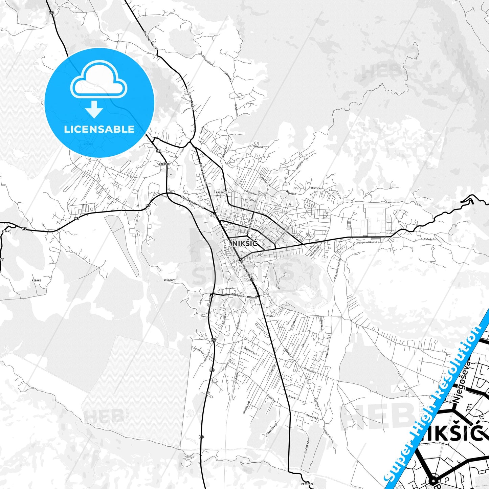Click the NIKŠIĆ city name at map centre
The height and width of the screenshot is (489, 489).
245,243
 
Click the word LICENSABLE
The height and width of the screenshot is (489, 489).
99,129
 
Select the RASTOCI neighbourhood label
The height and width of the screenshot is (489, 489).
221,192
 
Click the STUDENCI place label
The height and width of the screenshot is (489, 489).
170,280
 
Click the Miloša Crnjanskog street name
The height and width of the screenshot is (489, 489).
243,295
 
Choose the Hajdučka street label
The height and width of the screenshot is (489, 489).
258,147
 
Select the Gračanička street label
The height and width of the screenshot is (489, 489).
310,371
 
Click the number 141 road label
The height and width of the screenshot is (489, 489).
326,212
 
